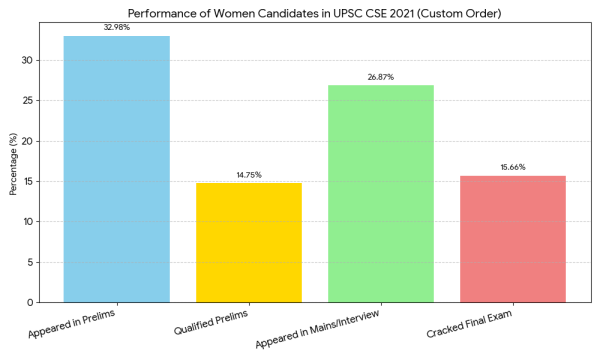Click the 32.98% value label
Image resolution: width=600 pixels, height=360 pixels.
pyautogui.click(x=116, y=27)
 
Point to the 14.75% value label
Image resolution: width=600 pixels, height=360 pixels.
pyautogui.click(x=248, y=175)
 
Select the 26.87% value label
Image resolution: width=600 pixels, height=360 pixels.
pyautogui.click(x=381, y=77)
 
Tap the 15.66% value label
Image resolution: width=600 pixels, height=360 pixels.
pyautogui.click(x=513, y=167)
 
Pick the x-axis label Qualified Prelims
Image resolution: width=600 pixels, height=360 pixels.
pyautogui.click(x=211, y=326)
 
